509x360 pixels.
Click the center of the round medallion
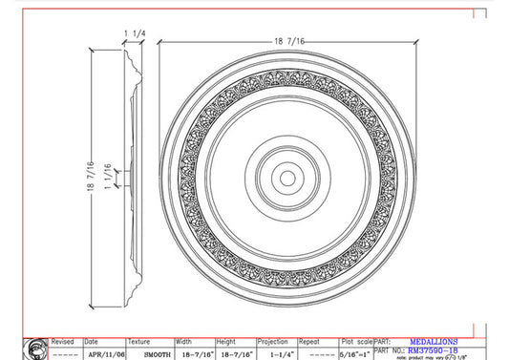click(286, 178)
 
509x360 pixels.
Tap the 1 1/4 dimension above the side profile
click(134, 32)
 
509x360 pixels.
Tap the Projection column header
click(274, 341)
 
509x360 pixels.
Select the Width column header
click(184, 341)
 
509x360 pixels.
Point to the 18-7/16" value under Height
click(235, 352)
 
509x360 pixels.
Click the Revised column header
click(62, 341)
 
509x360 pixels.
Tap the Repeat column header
click(308, 341)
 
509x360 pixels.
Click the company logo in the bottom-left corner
click(36, 348)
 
